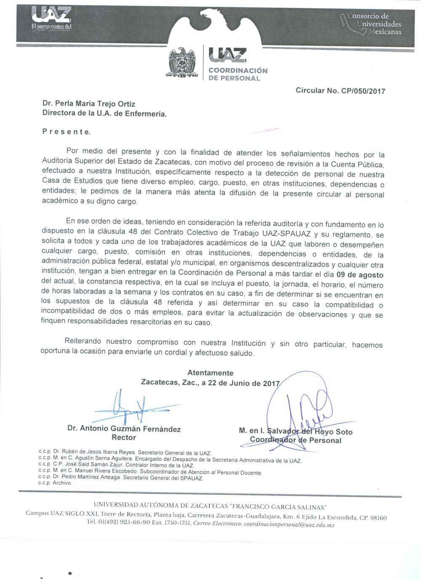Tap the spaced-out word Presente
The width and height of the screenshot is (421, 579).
point(66,132)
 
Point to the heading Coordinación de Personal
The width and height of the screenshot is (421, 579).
point(238,74)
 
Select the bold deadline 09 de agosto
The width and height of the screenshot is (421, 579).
point(363,275)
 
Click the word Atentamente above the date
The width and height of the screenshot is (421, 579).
point(210,373)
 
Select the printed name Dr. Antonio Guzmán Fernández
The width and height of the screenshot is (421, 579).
point(124,429)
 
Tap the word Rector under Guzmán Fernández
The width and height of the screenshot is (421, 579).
point(124,438)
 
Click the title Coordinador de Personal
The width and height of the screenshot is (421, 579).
point(296,440)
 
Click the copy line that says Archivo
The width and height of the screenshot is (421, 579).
point(55,483)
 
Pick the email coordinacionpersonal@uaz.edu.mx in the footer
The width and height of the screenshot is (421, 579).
point(289,525)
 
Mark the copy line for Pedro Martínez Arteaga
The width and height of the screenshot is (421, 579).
point(121,478)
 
